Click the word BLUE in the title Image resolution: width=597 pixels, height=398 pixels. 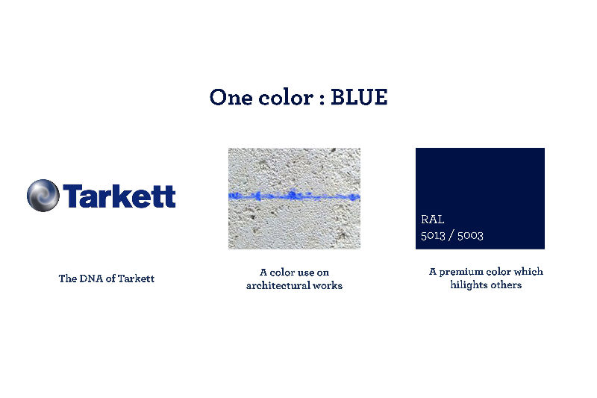(x=359, y=97)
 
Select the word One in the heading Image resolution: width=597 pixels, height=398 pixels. (x=231, y=97)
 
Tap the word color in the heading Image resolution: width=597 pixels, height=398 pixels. (x=286, y=97)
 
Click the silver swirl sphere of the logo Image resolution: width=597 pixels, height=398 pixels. (x=43, y=196)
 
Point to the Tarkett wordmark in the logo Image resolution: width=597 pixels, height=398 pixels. (x=119, y=196)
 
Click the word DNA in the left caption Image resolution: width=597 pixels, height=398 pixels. (x=91, y=279)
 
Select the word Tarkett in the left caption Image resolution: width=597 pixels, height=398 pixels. (x=136, y=279)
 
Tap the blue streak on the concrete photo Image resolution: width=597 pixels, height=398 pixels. (x=294, y=196)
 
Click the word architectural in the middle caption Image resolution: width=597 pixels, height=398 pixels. (x=278, y=285)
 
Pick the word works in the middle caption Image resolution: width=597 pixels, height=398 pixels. (x=328, y=285)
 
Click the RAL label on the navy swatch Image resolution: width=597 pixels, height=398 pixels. (x=433, y=220)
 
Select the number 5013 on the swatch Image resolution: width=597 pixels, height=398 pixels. (x=433, y=235)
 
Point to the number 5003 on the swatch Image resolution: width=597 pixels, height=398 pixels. (x=470, y=235)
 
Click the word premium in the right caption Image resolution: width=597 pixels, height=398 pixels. (x=460, y=272)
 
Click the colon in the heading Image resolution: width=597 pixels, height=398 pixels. (x=322, y=99)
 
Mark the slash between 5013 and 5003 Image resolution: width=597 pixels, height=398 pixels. (x=451, y=235)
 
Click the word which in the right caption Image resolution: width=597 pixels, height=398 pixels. (x=528, y=272)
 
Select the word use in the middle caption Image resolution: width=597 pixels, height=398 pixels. (x=305, y=273)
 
